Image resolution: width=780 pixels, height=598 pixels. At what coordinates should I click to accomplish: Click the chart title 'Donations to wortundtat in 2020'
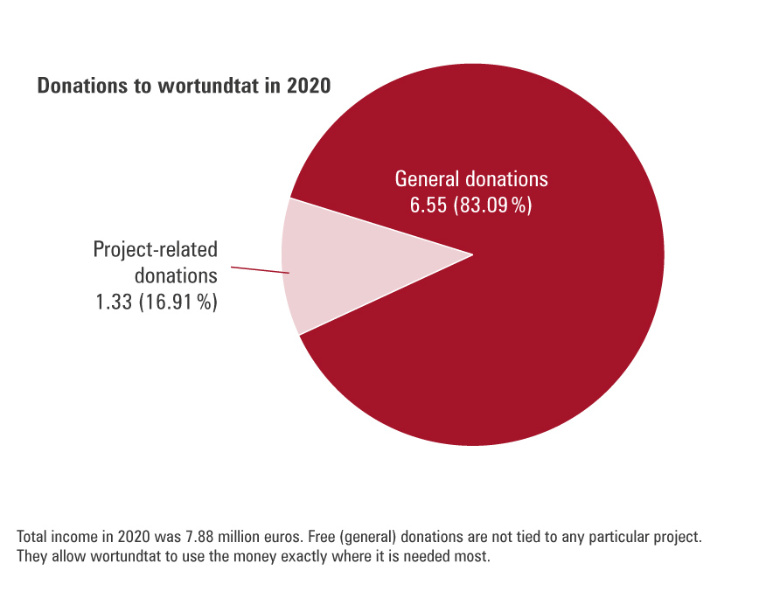pyautogui.click(x=184, y=87)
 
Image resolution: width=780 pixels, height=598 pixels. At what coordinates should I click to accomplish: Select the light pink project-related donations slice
pyautogui.click(x=350, y=262)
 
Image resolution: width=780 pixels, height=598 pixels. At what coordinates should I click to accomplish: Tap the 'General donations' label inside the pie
pyautogui.click(x=471, y=179)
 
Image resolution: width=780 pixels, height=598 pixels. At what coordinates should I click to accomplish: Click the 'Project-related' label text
pyautogui.click(x=156, y=250)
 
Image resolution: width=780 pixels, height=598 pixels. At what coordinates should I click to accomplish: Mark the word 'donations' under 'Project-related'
pyautogui.click(x=176, y=276)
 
